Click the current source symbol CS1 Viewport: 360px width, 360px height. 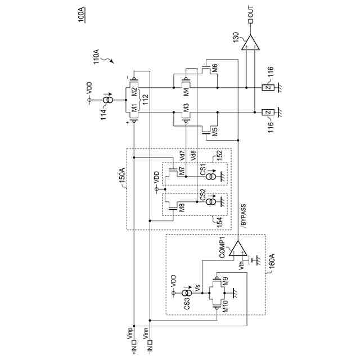coord(210,175)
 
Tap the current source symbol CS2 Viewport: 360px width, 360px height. coord(210,201)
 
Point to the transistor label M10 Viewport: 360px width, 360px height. coord(224,304)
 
